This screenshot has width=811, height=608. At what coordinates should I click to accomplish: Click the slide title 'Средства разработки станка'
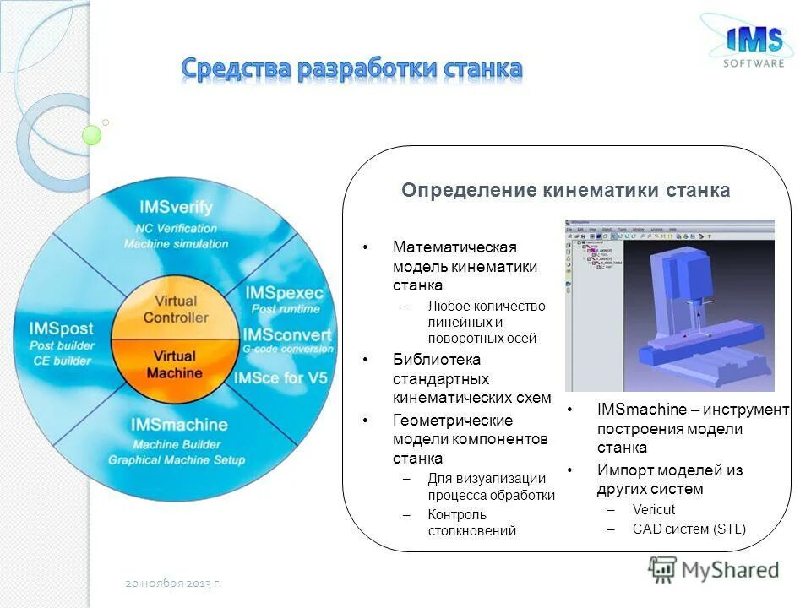pos(351,68)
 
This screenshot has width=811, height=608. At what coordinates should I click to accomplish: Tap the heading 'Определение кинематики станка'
pos(565,190)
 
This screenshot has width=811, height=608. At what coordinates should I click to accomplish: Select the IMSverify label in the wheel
pos(175,208)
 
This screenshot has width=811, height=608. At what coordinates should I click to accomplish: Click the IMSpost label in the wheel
pos(61,328)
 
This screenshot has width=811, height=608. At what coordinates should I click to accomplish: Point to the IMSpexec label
pos(284,292)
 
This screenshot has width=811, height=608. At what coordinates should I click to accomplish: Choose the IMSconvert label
pos(287,335)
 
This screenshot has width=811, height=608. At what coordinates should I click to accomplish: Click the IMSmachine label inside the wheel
pos(179,424)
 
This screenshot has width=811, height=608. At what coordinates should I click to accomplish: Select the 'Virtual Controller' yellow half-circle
pos(176,309)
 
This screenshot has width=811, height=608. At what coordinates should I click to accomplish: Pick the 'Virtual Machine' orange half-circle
pos(176,364)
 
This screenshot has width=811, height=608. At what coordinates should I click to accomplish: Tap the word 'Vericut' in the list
pos(653,509)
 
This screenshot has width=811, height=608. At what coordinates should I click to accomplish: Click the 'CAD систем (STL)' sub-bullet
pos(689,529)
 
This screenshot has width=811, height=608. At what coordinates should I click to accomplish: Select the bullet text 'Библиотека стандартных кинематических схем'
pos(471,378)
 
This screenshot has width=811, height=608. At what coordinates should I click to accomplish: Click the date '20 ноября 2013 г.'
pos(173,583)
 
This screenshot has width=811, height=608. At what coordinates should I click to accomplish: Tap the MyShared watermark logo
pos(714,569)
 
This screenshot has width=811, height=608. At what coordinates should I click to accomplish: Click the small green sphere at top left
pos(92,135)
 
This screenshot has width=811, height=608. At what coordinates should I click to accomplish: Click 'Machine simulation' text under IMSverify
pos(176,243)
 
